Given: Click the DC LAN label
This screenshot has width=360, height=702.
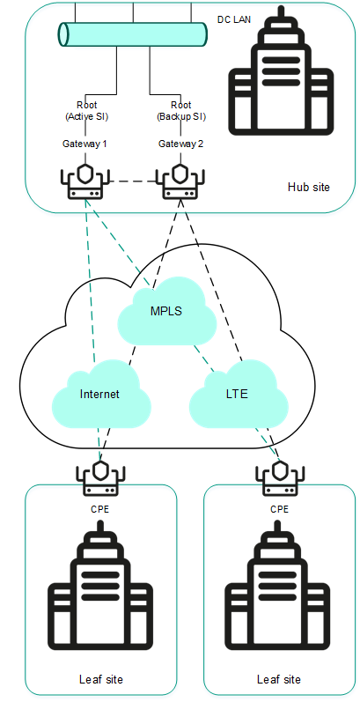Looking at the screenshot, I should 234,18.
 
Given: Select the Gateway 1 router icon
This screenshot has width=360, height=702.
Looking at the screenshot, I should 85,181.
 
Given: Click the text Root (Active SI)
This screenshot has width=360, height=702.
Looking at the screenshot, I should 86,110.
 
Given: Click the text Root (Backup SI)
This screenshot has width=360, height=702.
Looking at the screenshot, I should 181,110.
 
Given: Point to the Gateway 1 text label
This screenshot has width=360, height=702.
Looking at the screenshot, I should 85,144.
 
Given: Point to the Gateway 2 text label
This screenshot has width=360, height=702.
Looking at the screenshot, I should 181,144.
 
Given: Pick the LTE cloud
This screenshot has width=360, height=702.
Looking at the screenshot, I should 236,394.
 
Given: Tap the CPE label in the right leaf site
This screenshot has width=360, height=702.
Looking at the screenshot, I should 279,508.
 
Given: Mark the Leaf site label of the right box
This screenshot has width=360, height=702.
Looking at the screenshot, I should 279,679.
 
